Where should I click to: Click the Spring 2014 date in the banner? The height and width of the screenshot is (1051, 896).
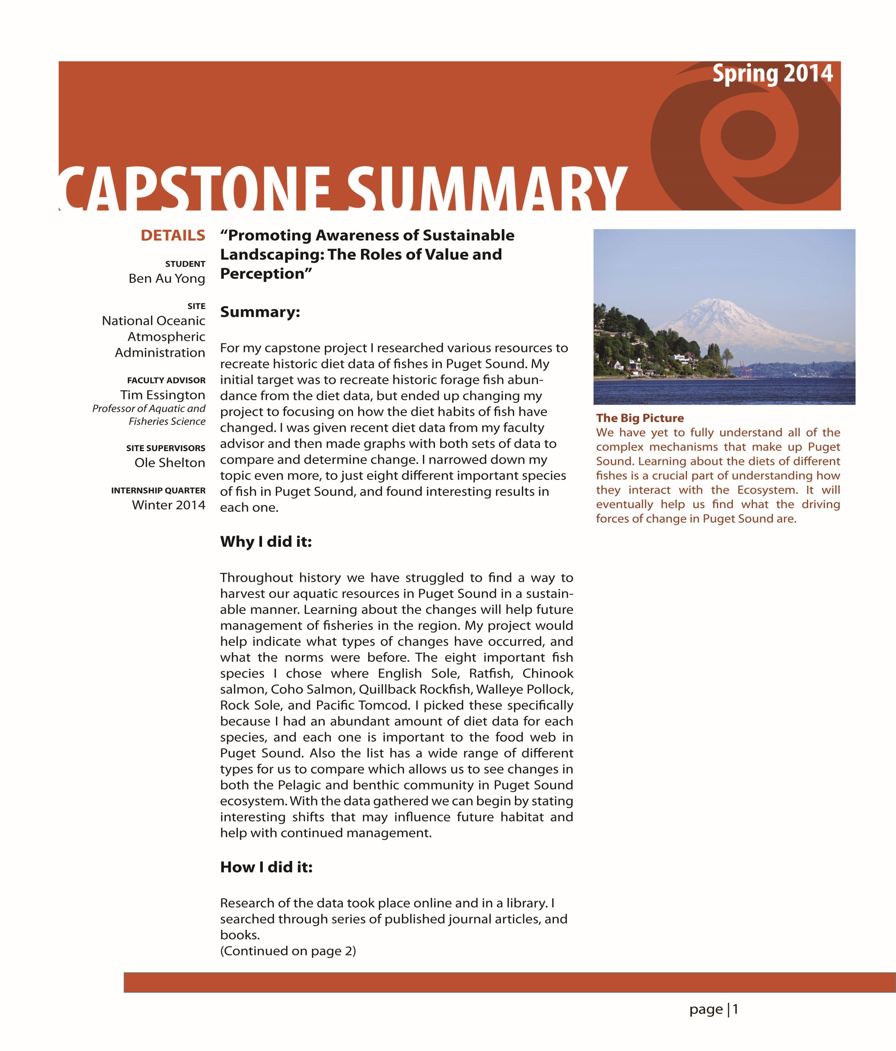tap(772, 73)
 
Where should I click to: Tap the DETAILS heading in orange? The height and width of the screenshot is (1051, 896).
tap(172, 235)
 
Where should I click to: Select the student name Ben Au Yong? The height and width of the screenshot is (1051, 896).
tap(166, 278)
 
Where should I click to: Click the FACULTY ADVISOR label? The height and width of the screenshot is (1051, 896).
tap(166, 380)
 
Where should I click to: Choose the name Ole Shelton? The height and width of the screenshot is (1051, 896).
tap(170, 463)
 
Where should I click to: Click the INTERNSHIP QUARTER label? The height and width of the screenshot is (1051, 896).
tap(158, 491)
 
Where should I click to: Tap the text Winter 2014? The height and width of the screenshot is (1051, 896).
tap(168, 505)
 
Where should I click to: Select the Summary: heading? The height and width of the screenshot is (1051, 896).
tap(260, 312)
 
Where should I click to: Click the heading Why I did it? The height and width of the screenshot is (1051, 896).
tap(266, 542)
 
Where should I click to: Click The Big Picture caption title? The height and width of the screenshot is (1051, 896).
tap(640, 418)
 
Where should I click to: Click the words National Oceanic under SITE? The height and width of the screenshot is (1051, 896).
tap(153, 321)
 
